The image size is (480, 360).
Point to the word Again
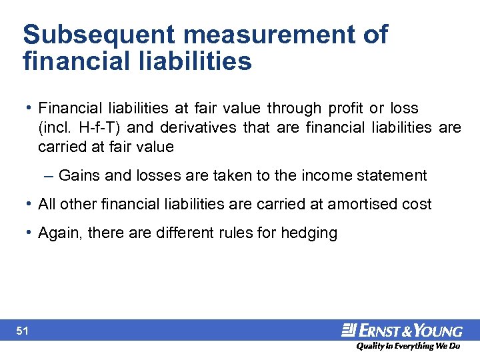pyautogui.click(x=57, y=233)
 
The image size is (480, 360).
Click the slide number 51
pyautogui.click(x=22, y=330)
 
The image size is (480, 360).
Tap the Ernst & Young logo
pyautogui.click(x=403, y=330)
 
